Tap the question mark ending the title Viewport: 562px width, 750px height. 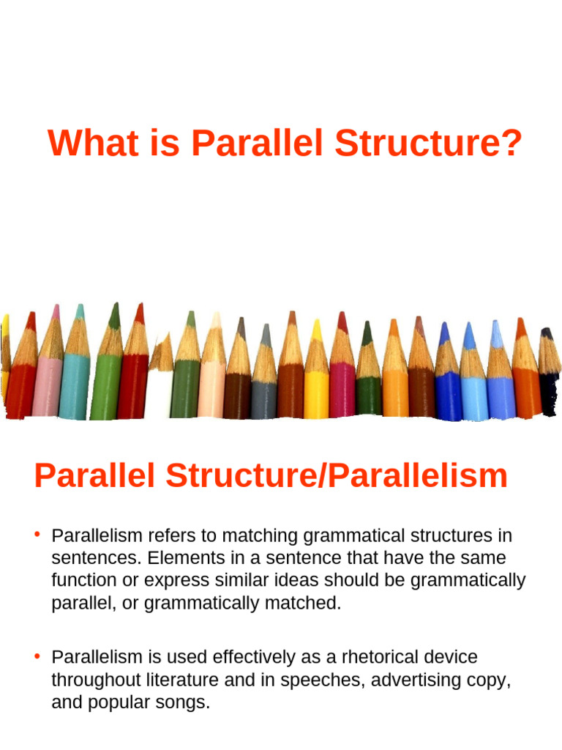[512, 144]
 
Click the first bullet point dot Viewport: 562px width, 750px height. [37, 534]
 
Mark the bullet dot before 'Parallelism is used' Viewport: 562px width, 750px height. [37, 656]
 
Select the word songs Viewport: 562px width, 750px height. [183, 703]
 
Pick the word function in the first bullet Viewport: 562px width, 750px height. [80, 582]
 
